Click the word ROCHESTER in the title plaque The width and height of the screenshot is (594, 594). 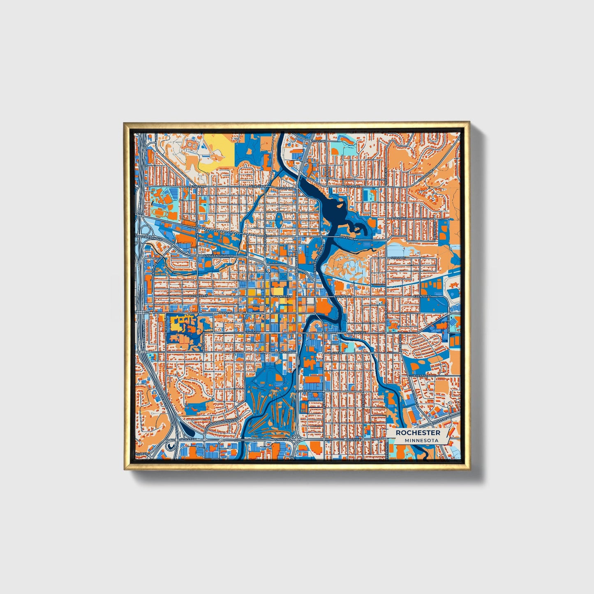(x=418, y=433)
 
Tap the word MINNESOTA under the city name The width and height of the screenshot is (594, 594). (x=421, y=440)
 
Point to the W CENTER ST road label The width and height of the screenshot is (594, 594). (x=282, y=296)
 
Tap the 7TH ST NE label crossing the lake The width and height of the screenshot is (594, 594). (x=346, y=238)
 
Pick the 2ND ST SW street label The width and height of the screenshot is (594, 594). (x=226, y=313)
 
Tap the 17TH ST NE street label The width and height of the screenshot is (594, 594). (x=318, y=141)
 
